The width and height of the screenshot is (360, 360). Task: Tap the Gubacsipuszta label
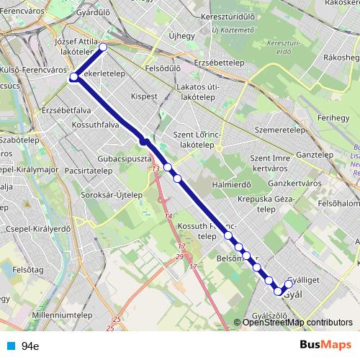coord(124,157)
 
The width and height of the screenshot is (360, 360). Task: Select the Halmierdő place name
coord(231,184)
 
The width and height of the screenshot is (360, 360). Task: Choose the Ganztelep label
coord(313,155)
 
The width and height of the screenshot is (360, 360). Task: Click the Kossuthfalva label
coord(94,125)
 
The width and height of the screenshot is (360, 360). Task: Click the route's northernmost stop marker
coord(103,47)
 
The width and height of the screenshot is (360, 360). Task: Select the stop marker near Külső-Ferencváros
coord(73,76)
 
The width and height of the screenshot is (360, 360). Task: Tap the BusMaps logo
coord(324,345)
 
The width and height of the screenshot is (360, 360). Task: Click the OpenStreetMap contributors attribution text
coord(297,322)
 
